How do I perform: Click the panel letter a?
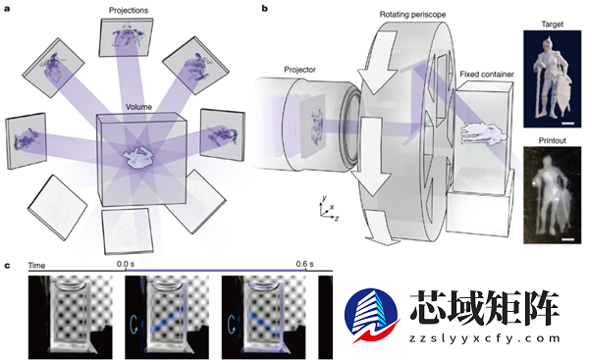(8, 7)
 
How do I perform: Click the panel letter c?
(8, 265)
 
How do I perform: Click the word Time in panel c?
(37, 265)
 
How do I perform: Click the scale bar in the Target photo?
(567, 123)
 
